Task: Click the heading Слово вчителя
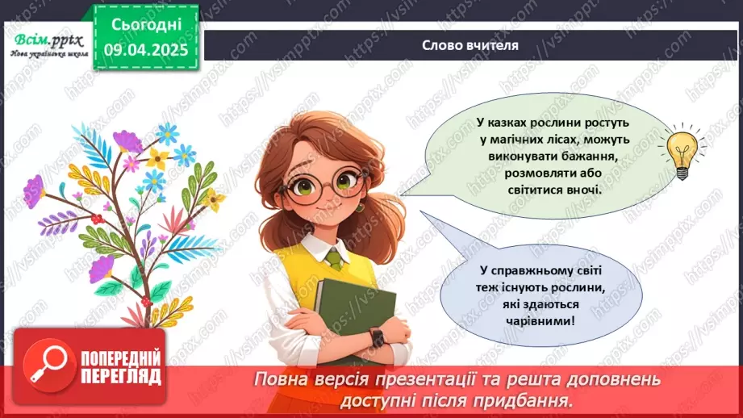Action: pyautogui.click(x=470, y=44)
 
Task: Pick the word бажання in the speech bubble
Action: pyautogui.click(x=574, y=159)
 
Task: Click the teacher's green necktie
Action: pyautogui.click(x=335, y=261)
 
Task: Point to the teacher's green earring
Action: pyautogui.click(x=360, y=207)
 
